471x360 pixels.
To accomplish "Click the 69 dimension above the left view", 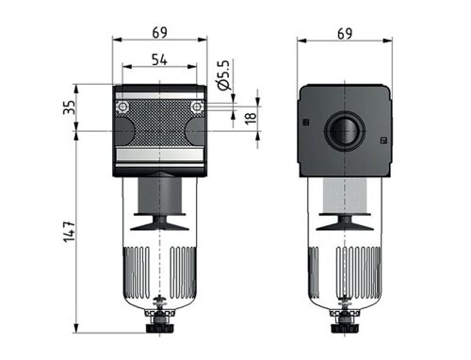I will (x=159, y=32).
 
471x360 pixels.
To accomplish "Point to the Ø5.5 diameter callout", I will (x=224, y=75).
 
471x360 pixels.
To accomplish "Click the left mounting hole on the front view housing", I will (x=122, y=108).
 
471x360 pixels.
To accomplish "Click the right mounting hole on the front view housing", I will (x=196, y=108).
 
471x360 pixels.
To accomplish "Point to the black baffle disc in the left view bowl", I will (x=159, y=222).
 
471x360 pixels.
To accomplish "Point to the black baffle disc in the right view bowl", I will (x=344, y=222).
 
